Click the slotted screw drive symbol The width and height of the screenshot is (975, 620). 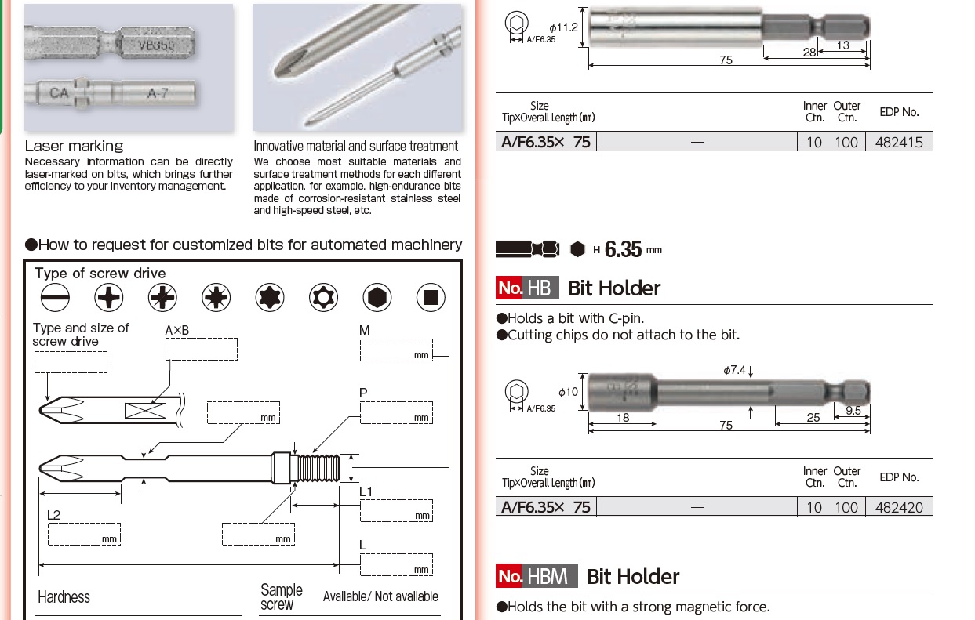[x=55, y=297]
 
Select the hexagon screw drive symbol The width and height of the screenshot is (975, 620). [x=377, y=297]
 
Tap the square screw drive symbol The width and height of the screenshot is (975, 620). [x=431, y=297]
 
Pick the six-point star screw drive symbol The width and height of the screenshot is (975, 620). [x=270, y=297]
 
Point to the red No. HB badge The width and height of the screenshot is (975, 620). [x=527, y=288]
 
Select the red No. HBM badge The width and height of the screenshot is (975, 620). [x=537, y=576]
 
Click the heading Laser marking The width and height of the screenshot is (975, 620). [x=74, y=146]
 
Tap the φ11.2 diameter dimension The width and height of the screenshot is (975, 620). [x=563, y=27]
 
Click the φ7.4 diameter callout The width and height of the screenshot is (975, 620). [x=736, y=370]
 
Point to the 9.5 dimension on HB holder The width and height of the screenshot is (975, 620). [x=853, y=410]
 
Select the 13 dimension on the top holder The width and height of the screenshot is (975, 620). [x=842, y=45]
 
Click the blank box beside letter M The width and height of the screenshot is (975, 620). [x=396, y=350]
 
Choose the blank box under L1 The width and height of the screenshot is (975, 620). [x=396, y=510]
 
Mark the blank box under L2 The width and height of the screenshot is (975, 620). [x=83, y=534]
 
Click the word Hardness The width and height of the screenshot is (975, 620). [x=64, y=597]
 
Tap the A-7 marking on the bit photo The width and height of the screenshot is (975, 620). [x=158, y=93]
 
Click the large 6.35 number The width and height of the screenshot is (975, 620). [x=624, y=250]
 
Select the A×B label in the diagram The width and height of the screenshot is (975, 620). [x=177, y=331]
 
